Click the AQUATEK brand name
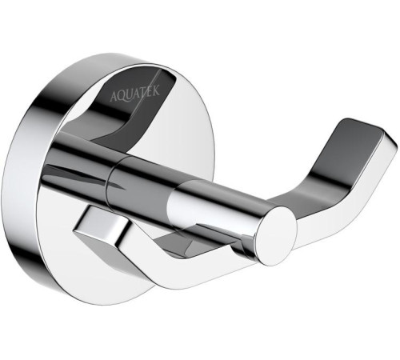pos(135,94)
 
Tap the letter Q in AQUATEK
pos(121,97)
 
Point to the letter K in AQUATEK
pos(156,90)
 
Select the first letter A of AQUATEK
pos(114,98)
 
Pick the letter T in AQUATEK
pos(143,93)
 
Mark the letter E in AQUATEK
pos(150,91)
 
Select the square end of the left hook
pos(100,224)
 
